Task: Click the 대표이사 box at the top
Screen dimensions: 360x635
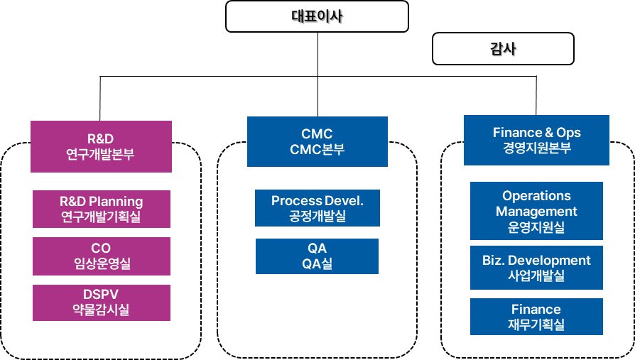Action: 317,16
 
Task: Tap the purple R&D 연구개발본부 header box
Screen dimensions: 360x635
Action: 101,146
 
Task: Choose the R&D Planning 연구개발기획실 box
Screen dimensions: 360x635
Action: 101,209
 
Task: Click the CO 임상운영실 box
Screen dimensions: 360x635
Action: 101,256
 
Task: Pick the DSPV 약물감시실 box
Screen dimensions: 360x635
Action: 101,302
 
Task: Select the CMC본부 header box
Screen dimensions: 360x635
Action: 317,141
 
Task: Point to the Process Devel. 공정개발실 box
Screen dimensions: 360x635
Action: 317,209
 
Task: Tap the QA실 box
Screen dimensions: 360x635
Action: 317,256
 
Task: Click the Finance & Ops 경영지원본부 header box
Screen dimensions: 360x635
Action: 536,141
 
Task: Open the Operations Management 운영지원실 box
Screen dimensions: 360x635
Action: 536,211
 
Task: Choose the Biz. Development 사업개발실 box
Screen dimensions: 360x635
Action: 536,268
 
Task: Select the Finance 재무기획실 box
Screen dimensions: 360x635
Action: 536,317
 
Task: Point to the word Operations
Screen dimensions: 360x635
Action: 536,195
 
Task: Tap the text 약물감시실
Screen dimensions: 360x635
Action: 101,310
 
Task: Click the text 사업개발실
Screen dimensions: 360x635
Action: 536,276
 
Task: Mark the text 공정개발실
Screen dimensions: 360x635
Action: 317,216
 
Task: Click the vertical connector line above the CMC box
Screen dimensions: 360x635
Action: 317,96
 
